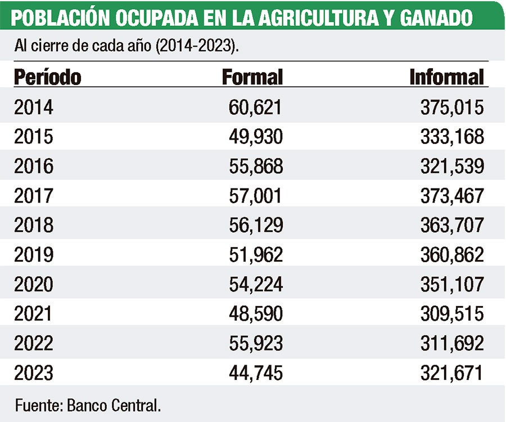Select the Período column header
click(x=47, y=77)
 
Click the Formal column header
click(x=252, y=77)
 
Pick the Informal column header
click(x=446, y=77)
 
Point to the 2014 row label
click(x=34, y=107)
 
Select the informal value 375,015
click(x=452, y=107)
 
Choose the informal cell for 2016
click(x=452, y=166)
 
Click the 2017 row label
click(x=34, y=196)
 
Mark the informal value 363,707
click(x=452, y=225)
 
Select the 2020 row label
click(x=34, y=284)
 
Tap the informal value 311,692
click(x=452, y=343)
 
